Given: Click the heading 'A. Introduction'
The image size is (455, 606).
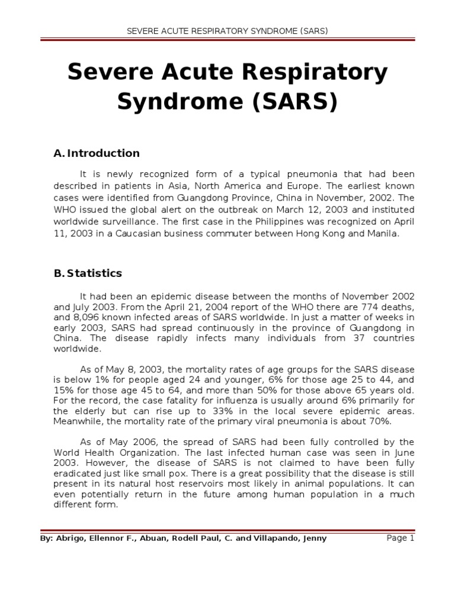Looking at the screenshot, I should click(97, 153).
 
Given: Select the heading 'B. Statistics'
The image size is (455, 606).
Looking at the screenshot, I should click(88, 273).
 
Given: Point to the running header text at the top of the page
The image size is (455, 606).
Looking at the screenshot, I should click(227, 30).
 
